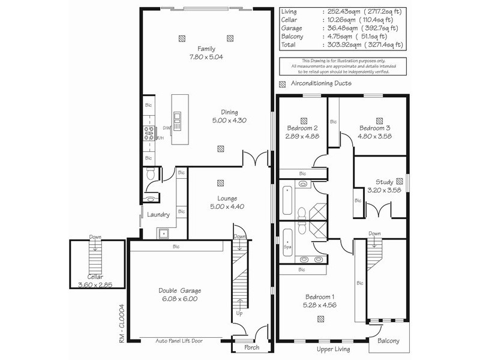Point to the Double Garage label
(178, 290)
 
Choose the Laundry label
(158, 215)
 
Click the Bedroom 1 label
(319, 297)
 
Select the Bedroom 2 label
(302, 128)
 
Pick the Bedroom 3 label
(375, 128)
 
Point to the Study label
(384, 182)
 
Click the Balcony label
(388, 341)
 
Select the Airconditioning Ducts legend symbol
(283, 83)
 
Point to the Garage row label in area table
(292, 28)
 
